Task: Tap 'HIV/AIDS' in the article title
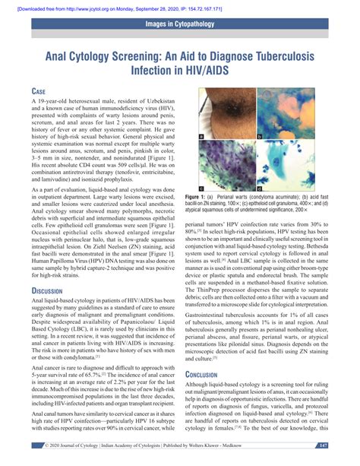click(x=203, y=73)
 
